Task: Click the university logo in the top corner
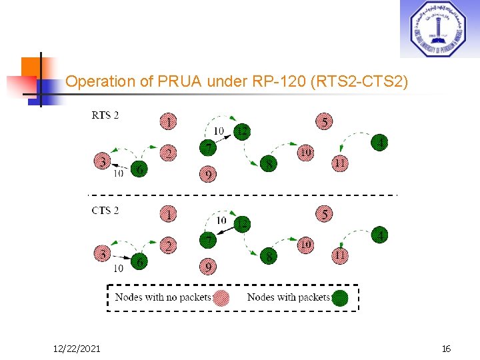[x=439, y=29]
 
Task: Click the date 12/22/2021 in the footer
[x=77, y=349]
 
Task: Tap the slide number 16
[x=446, y=349]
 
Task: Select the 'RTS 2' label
[x=105, y=115]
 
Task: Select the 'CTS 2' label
[x=105, y=211]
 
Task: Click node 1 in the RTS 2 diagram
[x=170, y=121]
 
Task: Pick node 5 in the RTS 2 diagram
[x=324, y=121]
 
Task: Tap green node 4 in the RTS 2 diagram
[x=379, y=142]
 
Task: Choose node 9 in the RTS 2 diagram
[x=208, y=175]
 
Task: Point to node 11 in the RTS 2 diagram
[x=339, y=162]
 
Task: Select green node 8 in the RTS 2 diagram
[x=268, y=163]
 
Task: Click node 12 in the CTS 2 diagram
[x=242, y=224]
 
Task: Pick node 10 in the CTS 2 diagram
[x=305, y=245]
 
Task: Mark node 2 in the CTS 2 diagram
[x=170, y=246]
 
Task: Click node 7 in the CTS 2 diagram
[x=208, y=239]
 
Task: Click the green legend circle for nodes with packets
[x=340, y=297]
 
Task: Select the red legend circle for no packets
[x=221, y=297]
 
